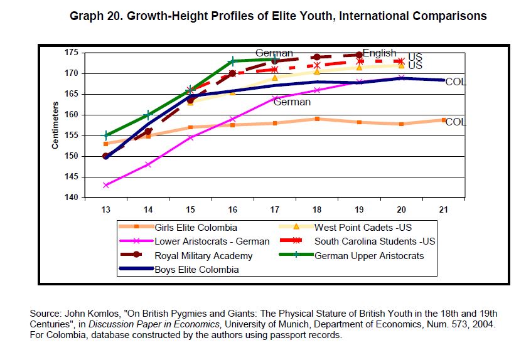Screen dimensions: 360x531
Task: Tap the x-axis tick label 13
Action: click(105, 209)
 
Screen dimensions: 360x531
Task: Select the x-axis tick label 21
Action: click(444, 209)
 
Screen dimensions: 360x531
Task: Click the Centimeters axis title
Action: click(55, 126)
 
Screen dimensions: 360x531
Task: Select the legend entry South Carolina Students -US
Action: click(375, 241)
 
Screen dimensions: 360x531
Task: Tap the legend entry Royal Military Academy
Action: click(203, 255)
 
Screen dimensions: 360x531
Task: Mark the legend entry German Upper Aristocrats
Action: click(369, 255)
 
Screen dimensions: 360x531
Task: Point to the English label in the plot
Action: click(379, 53)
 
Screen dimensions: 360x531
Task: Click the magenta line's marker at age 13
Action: click(106, 185)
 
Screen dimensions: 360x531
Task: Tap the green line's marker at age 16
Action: click(232, 61)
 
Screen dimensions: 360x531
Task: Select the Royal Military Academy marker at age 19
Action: click(359, 55)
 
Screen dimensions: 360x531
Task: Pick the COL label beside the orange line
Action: click(456, 122)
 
